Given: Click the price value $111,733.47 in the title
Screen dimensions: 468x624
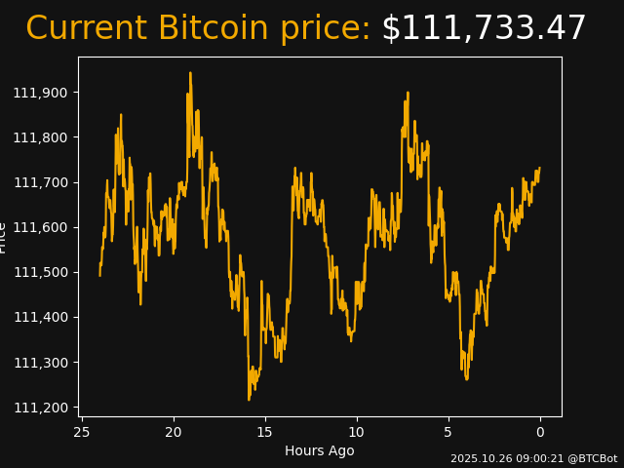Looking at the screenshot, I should click(x=484, y=29).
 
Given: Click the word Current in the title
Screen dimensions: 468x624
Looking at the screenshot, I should click(x=88, y=29).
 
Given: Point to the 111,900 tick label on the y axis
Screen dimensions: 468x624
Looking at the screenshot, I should click(x=41, y=93).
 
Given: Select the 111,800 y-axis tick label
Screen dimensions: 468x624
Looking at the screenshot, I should click(x=41, y=137).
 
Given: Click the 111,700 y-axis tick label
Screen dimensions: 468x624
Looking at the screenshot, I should click(x=41, y=182).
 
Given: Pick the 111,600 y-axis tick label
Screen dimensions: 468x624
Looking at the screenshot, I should click(x=41, y=227).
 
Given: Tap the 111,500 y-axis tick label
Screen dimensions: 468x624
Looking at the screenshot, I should click(x=41, y=272).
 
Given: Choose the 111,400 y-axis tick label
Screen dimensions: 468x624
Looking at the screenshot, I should click(x=41, y=317).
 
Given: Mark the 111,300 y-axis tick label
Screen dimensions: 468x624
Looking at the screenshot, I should click(x=41, y=363).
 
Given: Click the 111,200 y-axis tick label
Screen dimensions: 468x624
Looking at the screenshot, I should click(x=41, y=408).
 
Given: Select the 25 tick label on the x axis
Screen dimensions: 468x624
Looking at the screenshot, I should click(x=82, y=432).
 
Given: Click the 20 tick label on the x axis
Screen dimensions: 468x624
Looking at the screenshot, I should click(x=174, y=432).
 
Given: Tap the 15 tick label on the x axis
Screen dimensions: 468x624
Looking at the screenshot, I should click(x=265, y=432).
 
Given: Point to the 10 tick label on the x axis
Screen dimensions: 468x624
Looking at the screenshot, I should click(x=357, y=432).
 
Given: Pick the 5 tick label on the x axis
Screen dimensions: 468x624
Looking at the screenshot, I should click(x=448, y=432).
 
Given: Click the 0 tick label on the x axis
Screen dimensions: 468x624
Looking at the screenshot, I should click(x=540, y=432).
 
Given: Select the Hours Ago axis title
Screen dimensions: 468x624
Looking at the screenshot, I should click(x=320, y=450).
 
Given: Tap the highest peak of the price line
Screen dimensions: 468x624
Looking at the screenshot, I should click(x=190, y=73).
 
